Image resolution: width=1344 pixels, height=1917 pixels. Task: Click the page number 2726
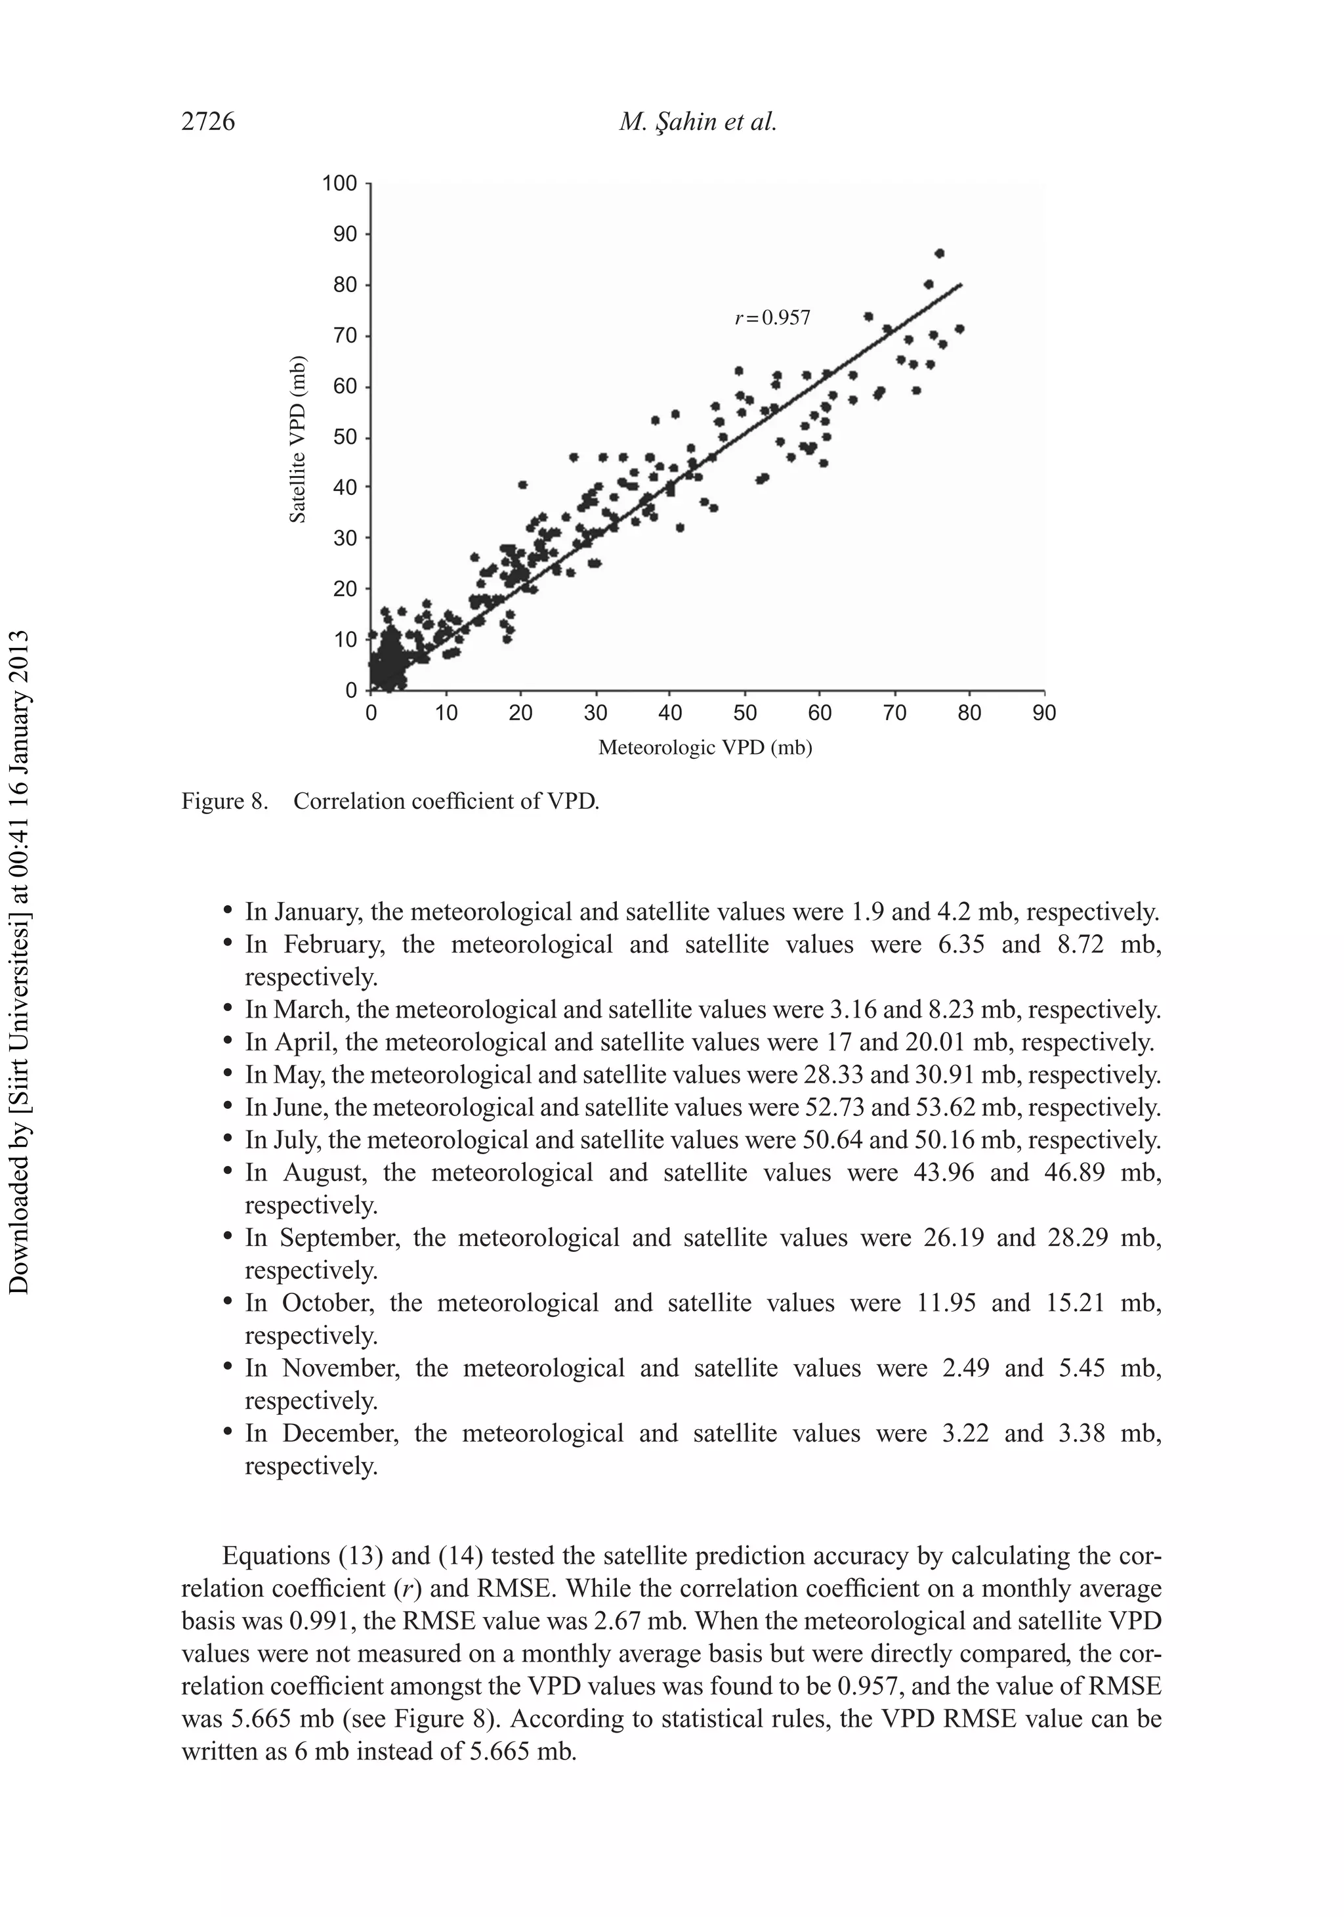(208, 122)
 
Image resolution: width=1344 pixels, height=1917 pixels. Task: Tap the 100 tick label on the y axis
(340, 183)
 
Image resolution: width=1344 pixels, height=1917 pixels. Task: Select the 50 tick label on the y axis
(345, 437)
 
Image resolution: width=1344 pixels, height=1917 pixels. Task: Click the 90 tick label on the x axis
(1044, 713)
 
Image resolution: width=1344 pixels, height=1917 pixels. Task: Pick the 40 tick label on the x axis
(669, 713)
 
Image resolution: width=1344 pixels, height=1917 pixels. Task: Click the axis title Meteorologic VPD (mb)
(705, 747)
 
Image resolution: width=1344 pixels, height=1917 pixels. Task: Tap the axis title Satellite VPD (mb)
(297, 439)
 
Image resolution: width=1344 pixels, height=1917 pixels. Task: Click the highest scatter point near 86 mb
(939, 253)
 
